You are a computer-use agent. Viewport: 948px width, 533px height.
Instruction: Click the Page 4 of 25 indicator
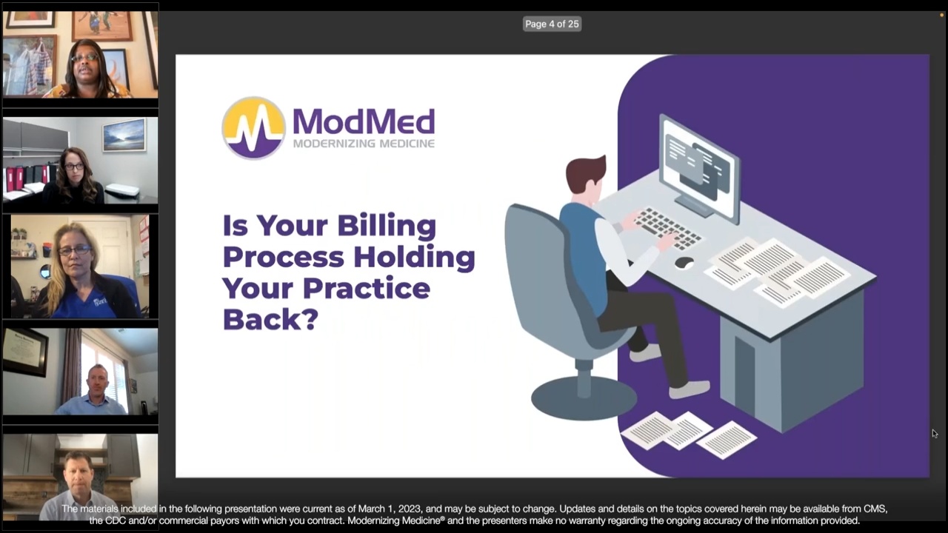[552, 24]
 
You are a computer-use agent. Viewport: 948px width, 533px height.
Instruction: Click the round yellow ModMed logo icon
[254, 127]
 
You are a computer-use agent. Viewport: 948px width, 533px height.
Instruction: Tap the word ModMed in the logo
[363, 121]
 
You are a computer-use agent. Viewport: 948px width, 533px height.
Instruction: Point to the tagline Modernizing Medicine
[363, 143]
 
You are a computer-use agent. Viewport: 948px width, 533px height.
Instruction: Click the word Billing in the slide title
[387, 226]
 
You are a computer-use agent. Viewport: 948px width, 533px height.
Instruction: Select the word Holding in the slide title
[412, 257]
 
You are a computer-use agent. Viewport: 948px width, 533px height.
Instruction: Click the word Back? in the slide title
[270, 318]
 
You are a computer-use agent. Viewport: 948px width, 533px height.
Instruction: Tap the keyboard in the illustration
[668, 228]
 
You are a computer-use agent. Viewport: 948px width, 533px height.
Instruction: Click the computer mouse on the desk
[684, 262]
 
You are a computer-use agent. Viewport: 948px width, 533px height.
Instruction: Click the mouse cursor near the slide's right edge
[935, 434]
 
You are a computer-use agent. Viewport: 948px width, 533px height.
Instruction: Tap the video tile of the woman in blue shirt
[80, 266]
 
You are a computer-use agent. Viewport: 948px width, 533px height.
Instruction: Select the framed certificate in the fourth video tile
[25, 352]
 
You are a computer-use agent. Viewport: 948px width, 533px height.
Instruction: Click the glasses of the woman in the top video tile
[84, 57]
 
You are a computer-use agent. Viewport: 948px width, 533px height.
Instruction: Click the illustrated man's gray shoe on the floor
[690, 389]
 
